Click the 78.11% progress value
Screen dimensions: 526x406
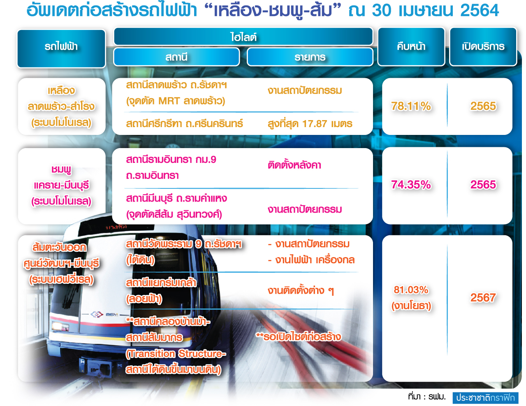tap(411, 106)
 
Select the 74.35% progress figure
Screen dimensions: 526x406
tap(411, 185)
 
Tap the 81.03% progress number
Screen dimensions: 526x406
tap(411, 290)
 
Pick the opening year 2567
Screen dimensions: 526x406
tap(483, 297)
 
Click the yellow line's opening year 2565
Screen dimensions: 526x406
tap(483, 106)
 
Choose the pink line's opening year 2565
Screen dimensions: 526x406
tap(483, 185)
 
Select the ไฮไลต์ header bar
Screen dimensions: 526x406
tap(243, 36)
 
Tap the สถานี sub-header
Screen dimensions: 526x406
tap(176, 57)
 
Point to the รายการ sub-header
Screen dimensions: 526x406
tap(310, 57)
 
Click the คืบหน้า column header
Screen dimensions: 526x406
tap(411, 46)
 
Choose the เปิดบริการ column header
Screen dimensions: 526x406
tap(483, 46)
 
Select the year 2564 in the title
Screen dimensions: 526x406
tap(480, 11)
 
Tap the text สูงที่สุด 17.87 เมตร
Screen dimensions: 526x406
tap(310, 124)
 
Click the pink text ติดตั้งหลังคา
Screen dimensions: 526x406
tap(294, 165)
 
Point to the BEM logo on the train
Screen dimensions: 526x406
tap(112, 315)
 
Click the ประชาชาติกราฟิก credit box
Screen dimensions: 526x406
tap(485, 398)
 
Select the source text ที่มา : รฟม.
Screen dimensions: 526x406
tap(427, 397)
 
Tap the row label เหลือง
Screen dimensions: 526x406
tap(61, 90)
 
